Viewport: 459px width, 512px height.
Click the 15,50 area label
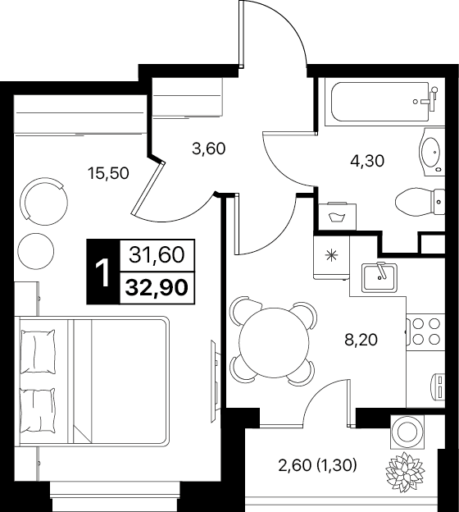point(108,173)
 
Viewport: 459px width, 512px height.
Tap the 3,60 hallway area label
point(209,149)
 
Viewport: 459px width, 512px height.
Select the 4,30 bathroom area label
point(367,161)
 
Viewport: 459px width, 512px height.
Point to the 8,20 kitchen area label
point(361,340)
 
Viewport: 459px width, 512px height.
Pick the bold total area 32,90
point(157,288)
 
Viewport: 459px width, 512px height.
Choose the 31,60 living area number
point(157,255)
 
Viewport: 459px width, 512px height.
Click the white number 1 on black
point(103,272)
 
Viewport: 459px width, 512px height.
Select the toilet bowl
point(420,202)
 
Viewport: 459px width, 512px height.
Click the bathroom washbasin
point(431,151)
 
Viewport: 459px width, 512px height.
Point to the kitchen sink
point(380,277)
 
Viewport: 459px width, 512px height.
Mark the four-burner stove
point(425,332)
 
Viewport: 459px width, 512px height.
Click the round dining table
point(274,341)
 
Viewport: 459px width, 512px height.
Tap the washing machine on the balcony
point(407,432)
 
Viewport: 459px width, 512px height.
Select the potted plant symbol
point(405,470)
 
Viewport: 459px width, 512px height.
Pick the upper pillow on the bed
point(38,350)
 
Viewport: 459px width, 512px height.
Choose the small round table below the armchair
point(36,251)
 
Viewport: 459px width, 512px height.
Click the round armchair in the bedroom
point(43,201)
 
